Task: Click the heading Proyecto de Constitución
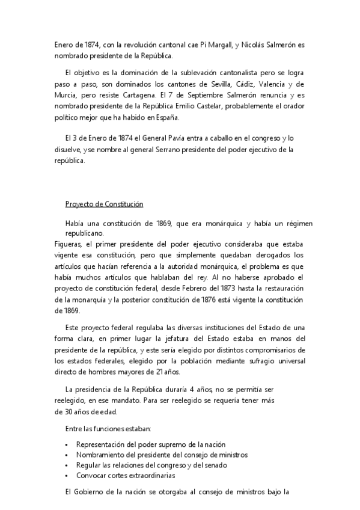click(104, 204)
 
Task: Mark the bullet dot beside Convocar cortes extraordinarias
click(66, 476)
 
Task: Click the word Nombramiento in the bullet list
click(100, 455)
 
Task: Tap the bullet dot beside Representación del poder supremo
click(66, 444)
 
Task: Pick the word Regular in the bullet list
click(90, 465)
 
